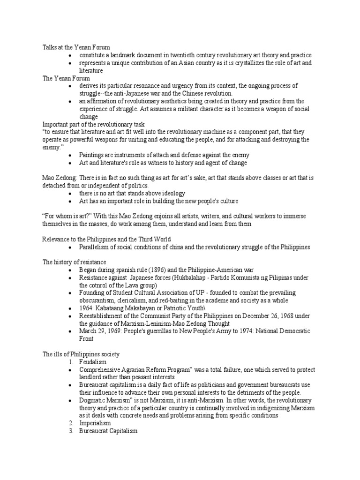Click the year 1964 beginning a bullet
coord(87,308)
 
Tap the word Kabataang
coord(114,308)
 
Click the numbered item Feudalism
coord(93,362)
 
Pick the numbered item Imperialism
coord(95,423)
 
